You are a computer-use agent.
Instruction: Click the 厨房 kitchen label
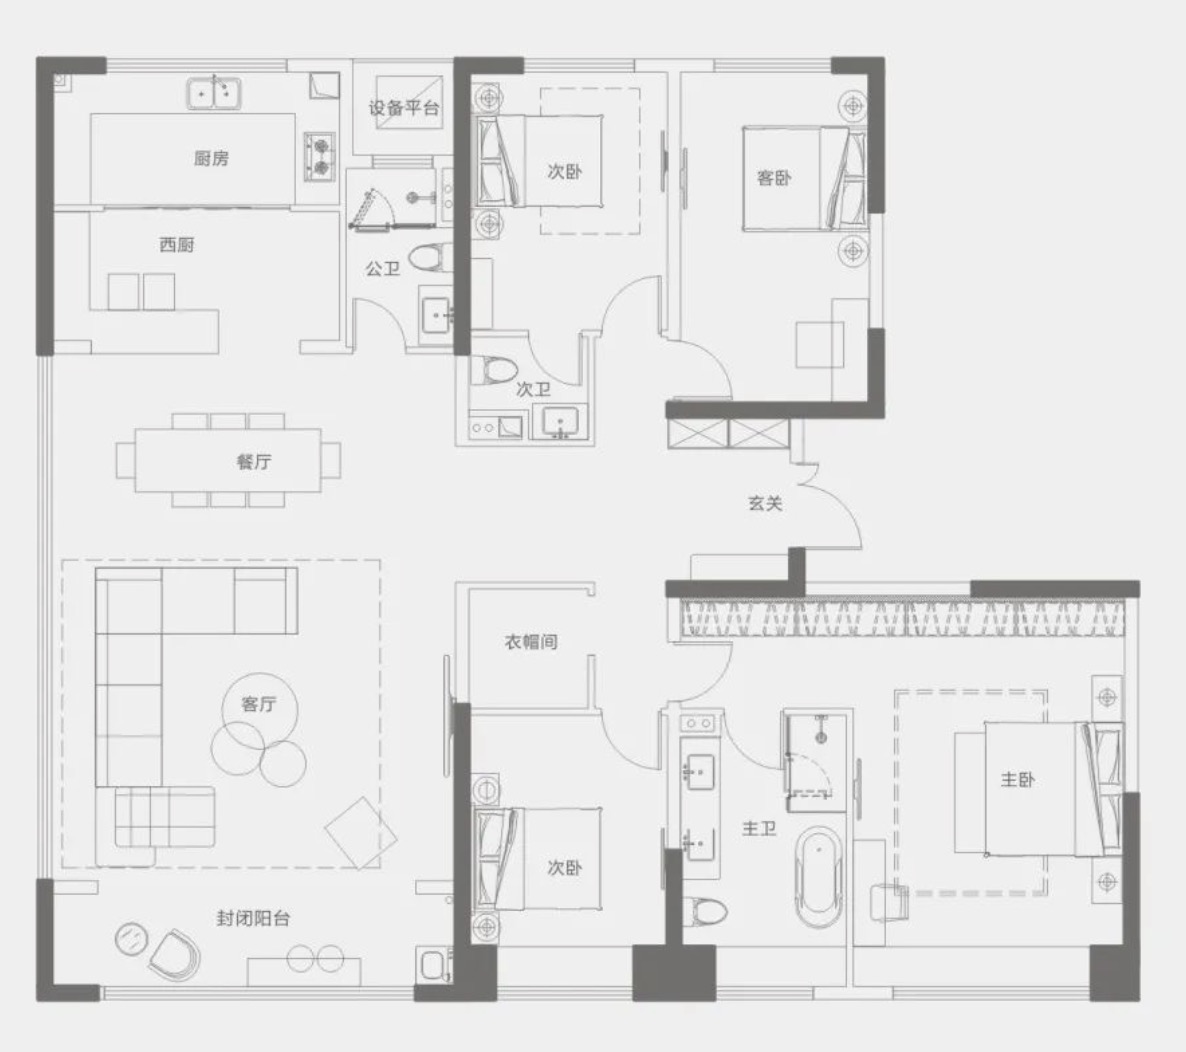click(x=211, y=158)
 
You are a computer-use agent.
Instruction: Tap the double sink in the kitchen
click(x=214, y=94)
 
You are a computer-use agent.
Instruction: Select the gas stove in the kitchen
click(x=320, y=157)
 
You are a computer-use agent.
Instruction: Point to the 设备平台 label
click(x=404, y=108)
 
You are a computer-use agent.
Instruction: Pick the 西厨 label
click(x=177, y=244)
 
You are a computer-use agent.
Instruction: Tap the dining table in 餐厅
click(x=228, y=460)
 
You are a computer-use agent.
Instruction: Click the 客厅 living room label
click(x=259, y=704)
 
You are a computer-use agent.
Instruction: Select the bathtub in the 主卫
click(x=820, y=877)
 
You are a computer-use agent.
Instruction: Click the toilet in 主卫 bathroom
click(x=704, y=911)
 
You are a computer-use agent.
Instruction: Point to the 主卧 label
click(x=1017, y=779)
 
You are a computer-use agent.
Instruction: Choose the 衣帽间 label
click(x=531, y=641)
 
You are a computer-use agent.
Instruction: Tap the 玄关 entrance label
click(x=765, y=503)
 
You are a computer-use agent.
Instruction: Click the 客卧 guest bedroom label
click(x=774, y=178)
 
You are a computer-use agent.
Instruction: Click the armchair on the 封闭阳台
click(x=175, y=954)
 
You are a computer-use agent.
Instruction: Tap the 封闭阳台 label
click(x=253, y=918)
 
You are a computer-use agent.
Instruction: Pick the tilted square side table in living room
click(x=361, y=833)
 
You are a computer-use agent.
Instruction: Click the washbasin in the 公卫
click(x=437, y=314)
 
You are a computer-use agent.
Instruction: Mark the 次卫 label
click(x=533, y=389)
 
